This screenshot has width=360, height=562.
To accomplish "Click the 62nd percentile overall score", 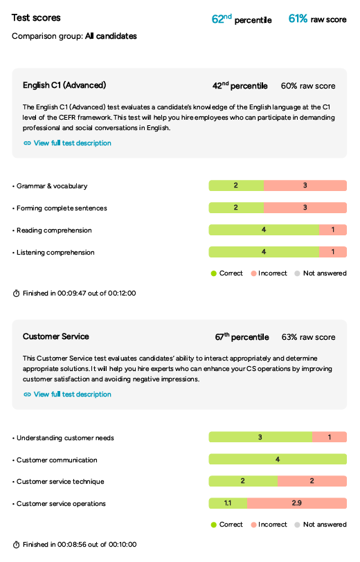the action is (242, 19).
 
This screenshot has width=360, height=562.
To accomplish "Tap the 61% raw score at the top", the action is (317, 19).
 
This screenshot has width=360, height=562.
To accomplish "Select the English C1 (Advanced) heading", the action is (64, 85).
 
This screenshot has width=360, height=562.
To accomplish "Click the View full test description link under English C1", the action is (67, 143).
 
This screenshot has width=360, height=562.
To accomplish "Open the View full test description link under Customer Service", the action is (67, 395).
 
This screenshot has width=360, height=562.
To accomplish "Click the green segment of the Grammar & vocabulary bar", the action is (236, 185).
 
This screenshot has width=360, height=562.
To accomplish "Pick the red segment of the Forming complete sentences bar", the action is (305, 208).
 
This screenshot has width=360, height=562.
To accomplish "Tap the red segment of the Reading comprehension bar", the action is (333, 230).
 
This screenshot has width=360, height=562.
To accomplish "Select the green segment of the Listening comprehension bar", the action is (264, 252).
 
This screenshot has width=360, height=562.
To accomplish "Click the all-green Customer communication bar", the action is (278, 459).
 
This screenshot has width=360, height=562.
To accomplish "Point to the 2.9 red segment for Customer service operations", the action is (297, 503).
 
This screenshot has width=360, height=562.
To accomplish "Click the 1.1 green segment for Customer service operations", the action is (228, 503).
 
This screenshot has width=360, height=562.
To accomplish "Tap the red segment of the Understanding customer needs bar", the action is (330, 437).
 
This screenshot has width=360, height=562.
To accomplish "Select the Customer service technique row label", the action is (60, 481).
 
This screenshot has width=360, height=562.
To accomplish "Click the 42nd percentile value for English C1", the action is (240, 86).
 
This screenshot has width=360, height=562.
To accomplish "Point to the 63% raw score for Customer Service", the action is (308, 337).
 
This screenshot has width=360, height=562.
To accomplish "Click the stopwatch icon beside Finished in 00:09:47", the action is (16, 293).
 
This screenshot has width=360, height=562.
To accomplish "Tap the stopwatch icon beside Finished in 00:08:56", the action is (16, 545).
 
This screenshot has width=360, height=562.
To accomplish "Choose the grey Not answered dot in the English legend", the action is (297, 273).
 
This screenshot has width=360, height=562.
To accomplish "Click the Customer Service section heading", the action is (56, 336).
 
